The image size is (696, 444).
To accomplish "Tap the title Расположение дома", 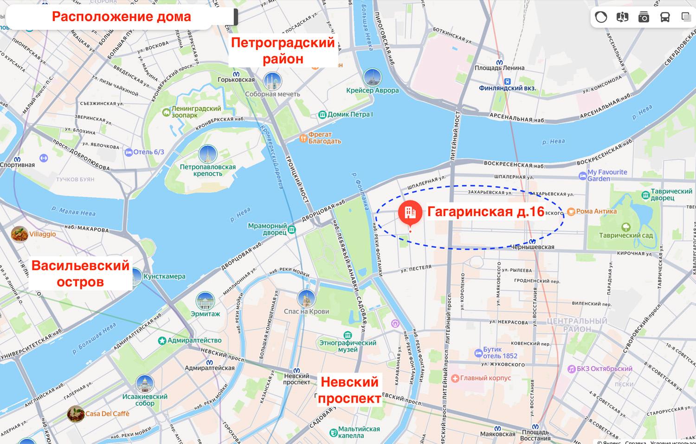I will [121, 17].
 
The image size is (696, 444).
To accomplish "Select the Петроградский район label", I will [283, 51].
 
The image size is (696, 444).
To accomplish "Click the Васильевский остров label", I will [80, 274].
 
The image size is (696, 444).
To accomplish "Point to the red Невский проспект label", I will [350, 390].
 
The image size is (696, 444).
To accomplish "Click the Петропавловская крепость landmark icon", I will [207, 155].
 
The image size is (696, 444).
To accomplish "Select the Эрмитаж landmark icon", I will [205, 301].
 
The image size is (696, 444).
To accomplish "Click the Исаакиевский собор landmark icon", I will [145, 384].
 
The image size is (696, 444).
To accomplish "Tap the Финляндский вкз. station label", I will [507, 88].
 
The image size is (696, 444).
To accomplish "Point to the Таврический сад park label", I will [625, 235].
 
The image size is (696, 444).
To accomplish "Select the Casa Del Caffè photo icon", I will [76, 413].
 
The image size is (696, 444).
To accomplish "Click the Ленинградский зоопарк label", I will [196, 111].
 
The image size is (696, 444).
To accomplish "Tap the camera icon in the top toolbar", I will [644, 18].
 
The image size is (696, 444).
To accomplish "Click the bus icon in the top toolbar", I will [665, 18].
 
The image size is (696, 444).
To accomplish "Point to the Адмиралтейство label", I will [194, 340].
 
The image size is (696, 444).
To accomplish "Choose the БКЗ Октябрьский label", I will [604, 369].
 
